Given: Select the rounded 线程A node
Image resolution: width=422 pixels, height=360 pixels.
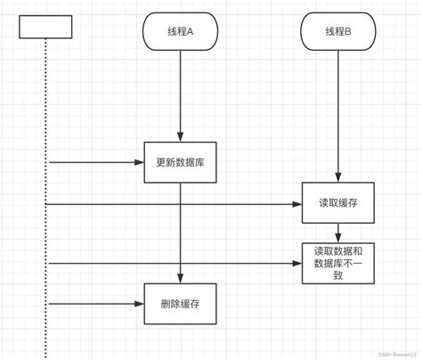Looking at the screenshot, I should (x=181, y=32).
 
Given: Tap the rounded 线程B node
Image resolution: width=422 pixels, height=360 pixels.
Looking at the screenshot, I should (x=337, y=32).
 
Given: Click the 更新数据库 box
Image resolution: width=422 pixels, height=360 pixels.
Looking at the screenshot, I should (x=181, y=162).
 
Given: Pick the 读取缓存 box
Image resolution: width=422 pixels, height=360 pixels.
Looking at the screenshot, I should (x=337, y=204).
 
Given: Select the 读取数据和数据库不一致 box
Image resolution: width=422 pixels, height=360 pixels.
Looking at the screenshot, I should (x=337, y=263).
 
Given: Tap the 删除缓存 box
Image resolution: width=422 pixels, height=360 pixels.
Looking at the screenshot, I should (x=181, y=304).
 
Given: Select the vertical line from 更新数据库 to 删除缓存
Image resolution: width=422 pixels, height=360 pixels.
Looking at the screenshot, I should (x=181, y=232).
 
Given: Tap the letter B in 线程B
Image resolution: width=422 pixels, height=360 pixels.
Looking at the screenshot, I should (x=348, y=32).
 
